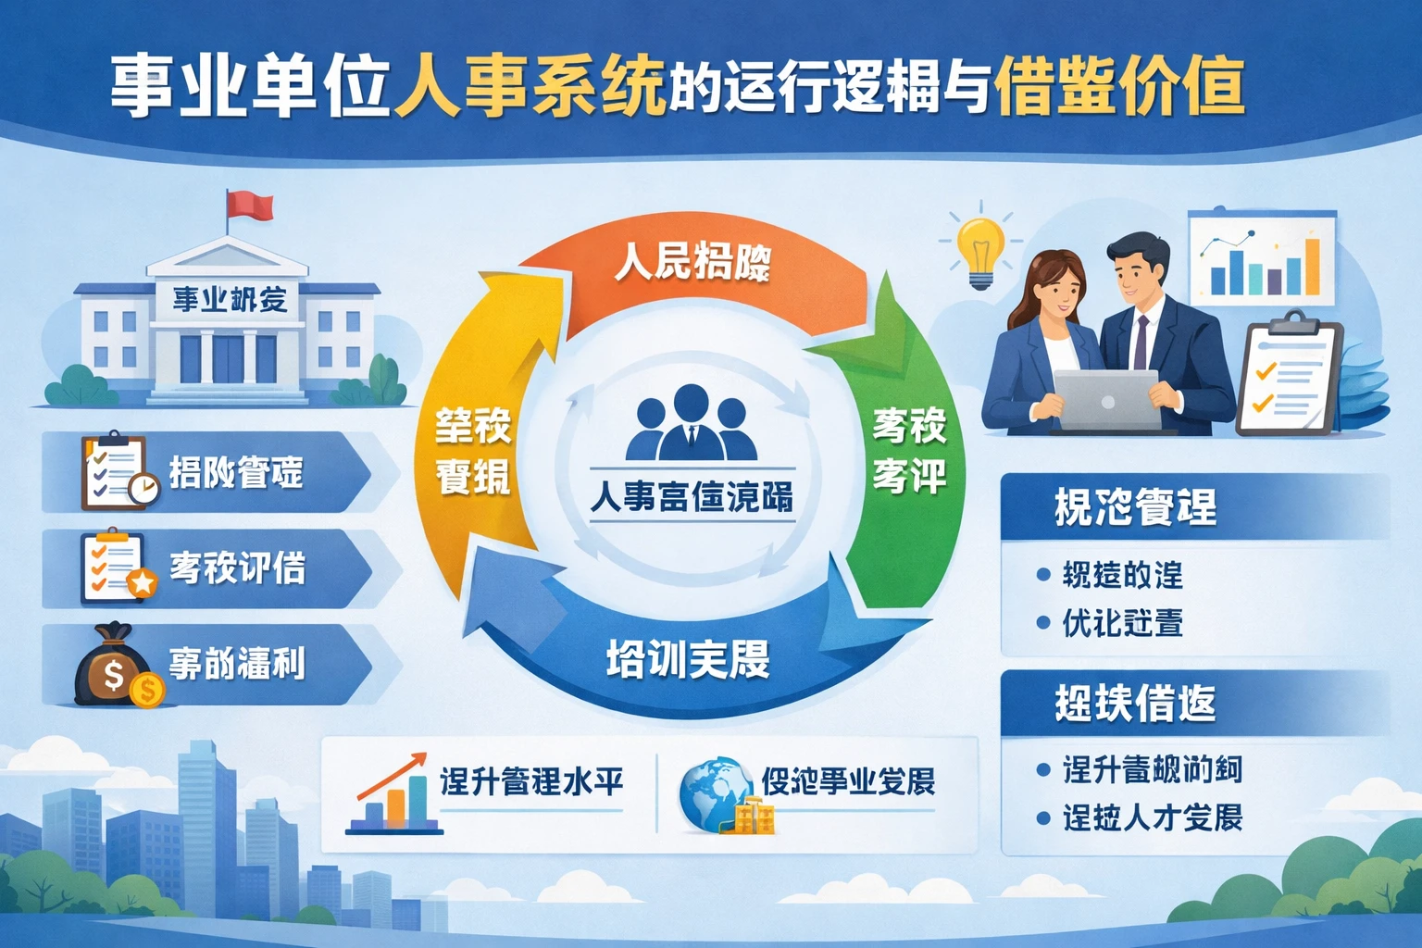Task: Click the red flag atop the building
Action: pos(251,204)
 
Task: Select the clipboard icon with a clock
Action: pos(117,472)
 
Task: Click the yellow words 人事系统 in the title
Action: pos(530,88)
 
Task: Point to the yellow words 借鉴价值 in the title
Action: pos(1117,88)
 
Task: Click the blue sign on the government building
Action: pos(231,299)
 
